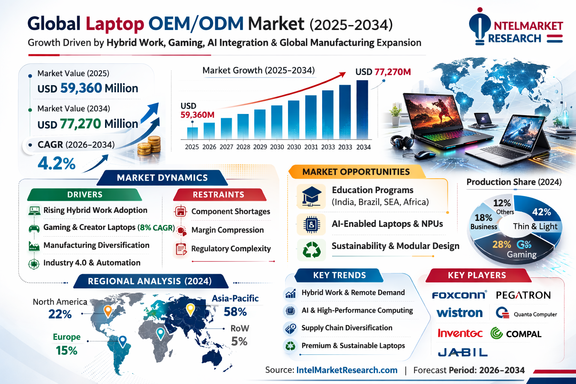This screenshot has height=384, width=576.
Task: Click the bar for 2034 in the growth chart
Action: click(x=362, y=110)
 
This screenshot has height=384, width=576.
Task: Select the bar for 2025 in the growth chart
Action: click(x=192, y=133)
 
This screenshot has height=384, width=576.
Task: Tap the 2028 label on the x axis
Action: click(x=243, y=147)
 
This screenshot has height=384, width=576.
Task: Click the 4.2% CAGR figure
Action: click(x=57, y=163)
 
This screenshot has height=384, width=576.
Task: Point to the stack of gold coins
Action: click(x=150, y=147)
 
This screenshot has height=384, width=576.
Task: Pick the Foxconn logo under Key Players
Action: click(x=459, y=295)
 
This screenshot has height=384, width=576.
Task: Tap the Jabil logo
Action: click(x=463, y=352)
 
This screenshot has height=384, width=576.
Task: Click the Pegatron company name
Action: click(x=523, y=295)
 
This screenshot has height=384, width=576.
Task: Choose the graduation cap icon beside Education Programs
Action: click(x=311, y=196)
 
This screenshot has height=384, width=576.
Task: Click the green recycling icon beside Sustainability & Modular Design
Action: click(x=311, y=250)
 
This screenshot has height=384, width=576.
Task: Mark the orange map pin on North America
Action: click(x=108, y=310)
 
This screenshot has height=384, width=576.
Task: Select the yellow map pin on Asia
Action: click(x=190, y=309)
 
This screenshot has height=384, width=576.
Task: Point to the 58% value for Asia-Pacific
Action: click(x=235, y=312)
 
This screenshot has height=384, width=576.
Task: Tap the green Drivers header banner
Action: click(x=85, y=195)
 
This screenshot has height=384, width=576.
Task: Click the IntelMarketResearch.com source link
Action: click(x=347, y=370)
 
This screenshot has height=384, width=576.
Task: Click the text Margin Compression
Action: click(x=228, y=230)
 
